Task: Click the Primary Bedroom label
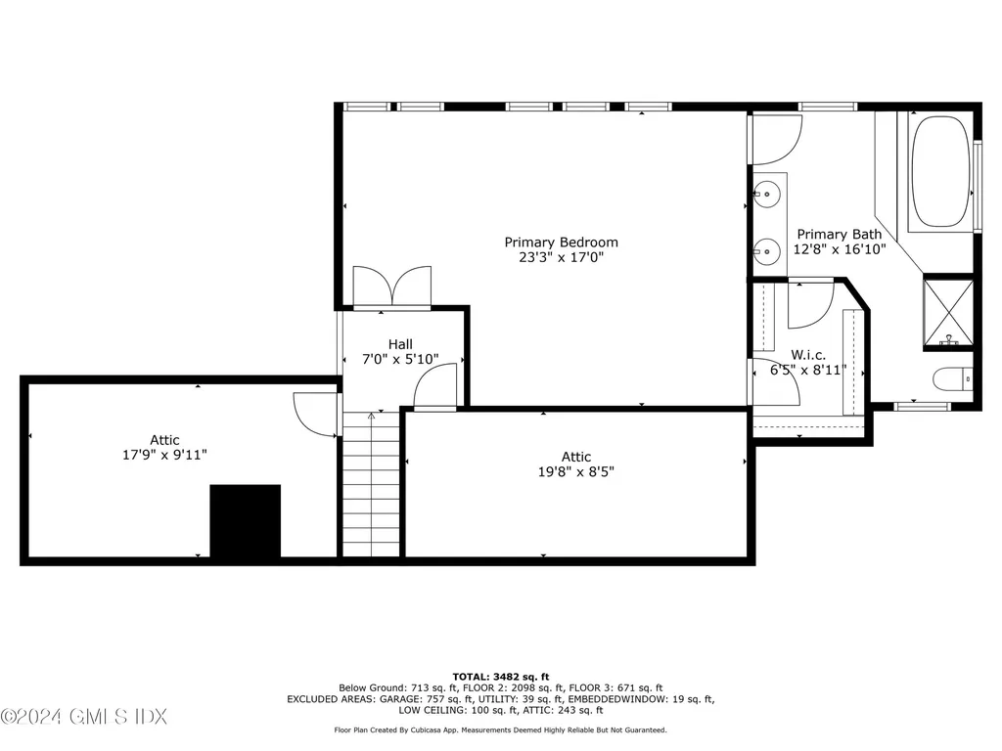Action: (x=561, y=242)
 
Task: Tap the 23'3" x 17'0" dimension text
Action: (x=561, y=257)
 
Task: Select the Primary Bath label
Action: (x=839, y=234)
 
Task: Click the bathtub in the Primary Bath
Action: (x=940, y=171)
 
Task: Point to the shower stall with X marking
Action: (x=948, y=313)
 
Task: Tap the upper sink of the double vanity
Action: (x=770, y=194)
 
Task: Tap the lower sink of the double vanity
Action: (x=770, y=250)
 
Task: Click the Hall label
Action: (x=400, y=344)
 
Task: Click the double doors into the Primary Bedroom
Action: (x=391, y=287)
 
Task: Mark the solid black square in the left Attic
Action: (x=246, y=521)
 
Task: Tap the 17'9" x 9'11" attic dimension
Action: (x=164, y=455)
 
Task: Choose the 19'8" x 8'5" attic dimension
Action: (x=575, y=471)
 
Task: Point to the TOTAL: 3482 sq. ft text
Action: (x=500, y=676)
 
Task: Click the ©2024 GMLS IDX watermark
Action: (x=84, y=717)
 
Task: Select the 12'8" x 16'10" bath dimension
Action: (x=839, y=249)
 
